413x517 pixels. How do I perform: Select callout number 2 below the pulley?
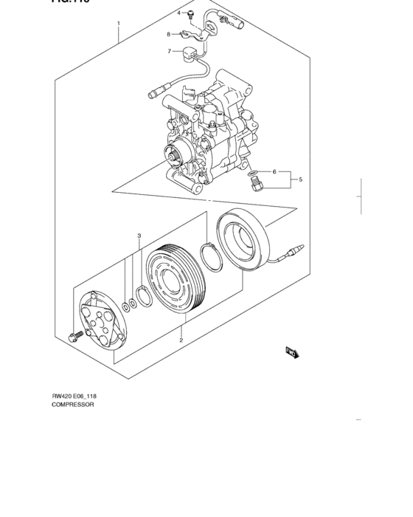click(181, 340)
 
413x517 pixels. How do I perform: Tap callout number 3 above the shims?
click(139, 236)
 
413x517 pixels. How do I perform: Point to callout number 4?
click(178, 13)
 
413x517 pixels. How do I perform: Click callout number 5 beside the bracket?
click(300, 179)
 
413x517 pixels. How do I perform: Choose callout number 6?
click(274, 171)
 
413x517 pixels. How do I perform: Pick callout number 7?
click(169, 51)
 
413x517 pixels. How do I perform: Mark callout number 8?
click(169, 34)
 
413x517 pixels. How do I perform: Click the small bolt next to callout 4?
click(190, 13)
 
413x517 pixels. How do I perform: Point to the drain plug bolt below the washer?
click(255, 185)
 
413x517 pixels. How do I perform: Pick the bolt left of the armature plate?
click(73, 338)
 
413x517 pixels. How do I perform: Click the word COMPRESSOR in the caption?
click(72, 405)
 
